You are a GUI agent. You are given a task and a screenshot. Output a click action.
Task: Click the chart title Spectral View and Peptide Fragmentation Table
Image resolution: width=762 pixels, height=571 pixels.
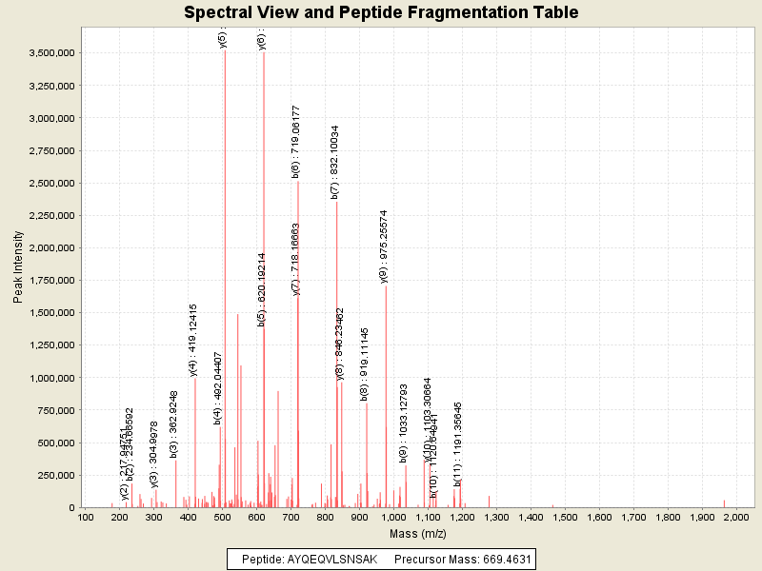[x=381, y=12]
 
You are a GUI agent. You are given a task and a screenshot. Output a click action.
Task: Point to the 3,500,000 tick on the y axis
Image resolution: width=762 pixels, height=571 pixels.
[x=51, y=53]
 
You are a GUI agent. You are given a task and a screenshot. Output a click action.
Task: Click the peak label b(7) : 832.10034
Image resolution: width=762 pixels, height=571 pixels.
[x=334, y=162]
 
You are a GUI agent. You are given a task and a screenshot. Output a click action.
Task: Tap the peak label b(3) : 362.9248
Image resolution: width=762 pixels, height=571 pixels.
[x=174, y=424]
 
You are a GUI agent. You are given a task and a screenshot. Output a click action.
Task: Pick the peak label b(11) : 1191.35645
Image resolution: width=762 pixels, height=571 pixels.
[x=458, y=444]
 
